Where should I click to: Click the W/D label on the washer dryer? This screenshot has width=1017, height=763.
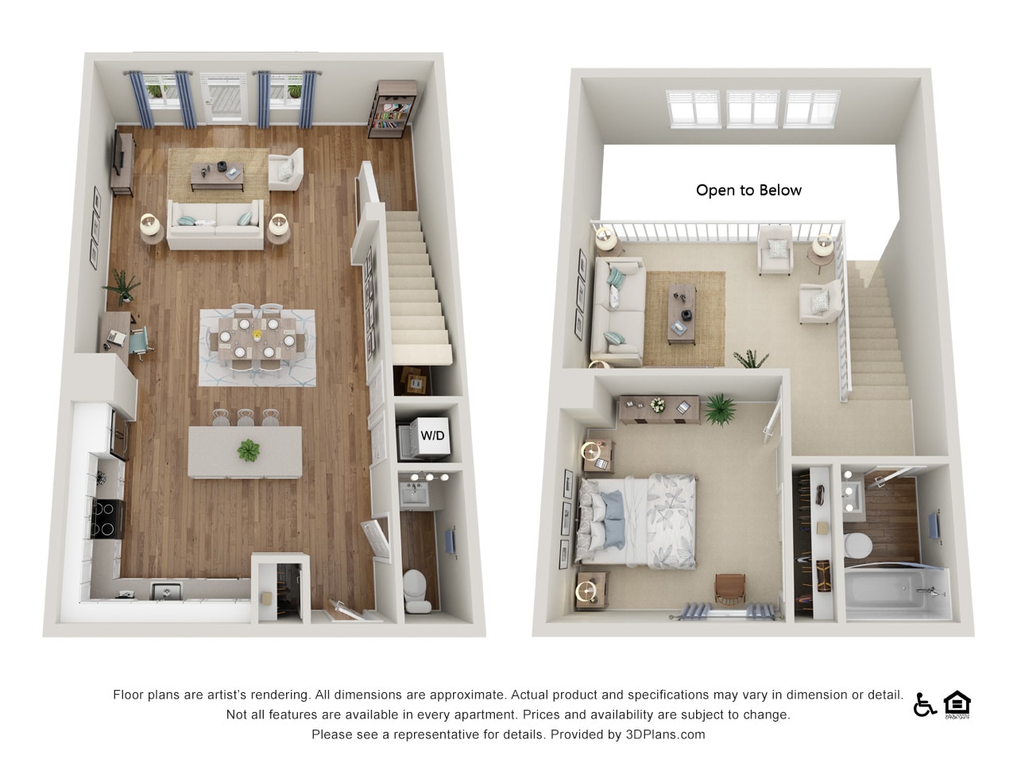click(x=431, y=436)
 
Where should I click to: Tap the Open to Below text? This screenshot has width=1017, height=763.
click(x=748, y=190)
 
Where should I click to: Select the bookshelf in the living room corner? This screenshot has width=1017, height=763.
click(x=392, y=110)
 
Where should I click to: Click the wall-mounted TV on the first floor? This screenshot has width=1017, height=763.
click(x=118, y=153)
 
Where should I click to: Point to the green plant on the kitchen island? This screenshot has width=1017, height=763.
click(x=249, y=450)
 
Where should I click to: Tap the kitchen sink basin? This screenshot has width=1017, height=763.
click(x=167, y=591)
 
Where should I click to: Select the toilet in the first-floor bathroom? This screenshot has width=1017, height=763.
click(x=415, y=591)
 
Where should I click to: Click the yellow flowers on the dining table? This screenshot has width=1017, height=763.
click(x=257, y=334)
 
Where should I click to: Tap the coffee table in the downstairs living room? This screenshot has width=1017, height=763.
click(x=217, y=176)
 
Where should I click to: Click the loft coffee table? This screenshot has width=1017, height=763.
click(x=682, y=314)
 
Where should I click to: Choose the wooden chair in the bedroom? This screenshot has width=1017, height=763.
click(x=730, y=590)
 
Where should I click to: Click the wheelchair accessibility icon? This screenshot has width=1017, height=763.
click(x=924, y=705)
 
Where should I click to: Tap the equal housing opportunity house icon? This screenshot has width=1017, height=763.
click(x=957, y=703)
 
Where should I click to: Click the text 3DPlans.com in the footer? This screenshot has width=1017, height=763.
click(x=665, y=734)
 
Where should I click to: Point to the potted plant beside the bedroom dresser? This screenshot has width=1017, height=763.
click(x=720, y=409)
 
